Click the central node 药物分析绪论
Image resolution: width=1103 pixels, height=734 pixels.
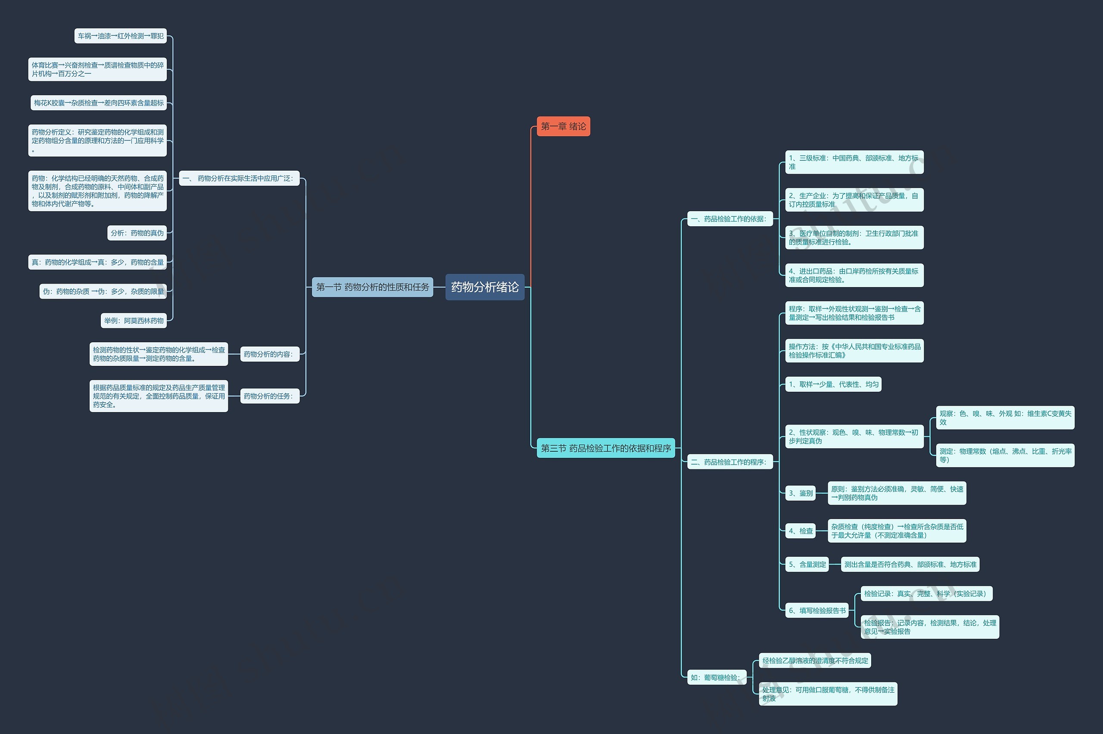point(484,287)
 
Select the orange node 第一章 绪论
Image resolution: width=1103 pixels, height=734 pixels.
point(563,126)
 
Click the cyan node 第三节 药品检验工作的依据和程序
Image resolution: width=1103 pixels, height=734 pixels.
point(605,448)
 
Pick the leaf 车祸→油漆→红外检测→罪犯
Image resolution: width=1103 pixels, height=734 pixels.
point(120,36)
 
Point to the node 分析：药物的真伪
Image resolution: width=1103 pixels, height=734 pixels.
point(137,233)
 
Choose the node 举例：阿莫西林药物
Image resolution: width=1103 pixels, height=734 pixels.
point(134,321)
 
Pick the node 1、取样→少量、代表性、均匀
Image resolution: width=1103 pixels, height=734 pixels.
point(833,384)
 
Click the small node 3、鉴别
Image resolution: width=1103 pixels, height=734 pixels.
point(800,493)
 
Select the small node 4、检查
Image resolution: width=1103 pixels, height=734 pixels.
point(800,531)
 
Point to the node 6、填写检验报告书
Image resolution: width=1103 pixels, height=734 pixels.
point(816,610)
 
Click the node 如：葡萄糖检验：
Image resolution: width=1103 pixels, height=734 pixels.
point(717,678)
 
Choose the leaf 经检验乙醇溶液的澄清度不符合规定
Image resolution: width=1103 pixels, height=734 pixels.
point(815,660)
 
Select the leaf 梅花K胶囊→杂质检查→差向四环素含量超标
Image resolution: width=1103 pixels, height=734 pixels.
point(98,103)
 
